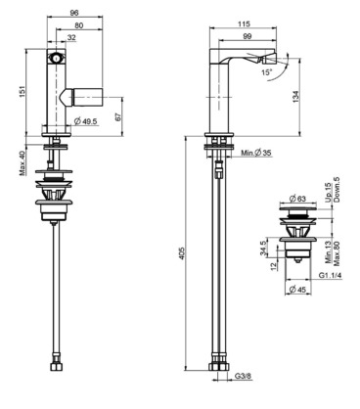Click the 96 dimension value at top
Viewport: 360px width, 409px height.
click(74, 13)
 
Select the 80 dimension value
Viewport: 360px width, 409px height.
click(79, 25)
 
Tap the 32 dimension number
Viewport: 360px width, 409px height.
click(71, 38)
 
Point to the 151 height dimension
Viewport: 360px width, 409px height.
click(22, 93)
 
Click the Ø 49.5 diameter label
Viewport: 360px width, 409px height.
click(86, 121)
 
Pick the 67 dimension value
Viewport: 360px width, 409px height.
click(118, 116)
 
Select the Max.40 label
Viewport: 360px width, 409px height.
click(22, 162)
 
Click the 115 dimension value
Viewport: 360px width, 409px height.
click(244, 23)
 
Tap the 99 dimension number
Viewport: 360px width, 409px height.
click(247, 36)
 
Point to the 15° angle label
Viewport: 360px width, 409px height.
click(266, 72)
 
